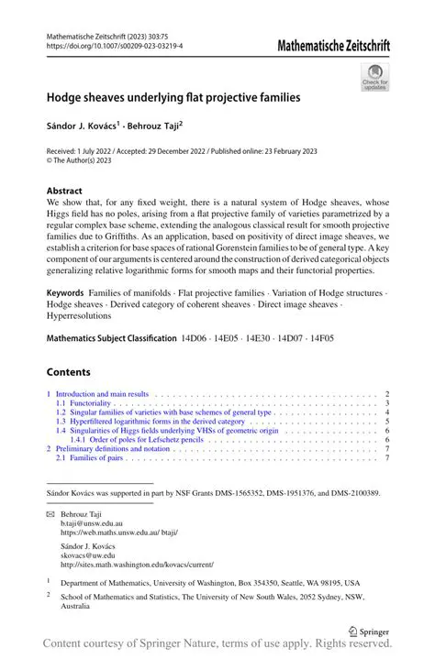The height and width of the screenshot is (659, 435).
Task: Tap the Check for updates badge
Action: (374, 77)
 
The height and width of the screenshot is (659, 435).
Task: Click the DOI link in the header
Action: (114, 44)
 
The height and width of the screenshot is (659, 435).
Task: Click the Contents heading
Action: (68, 372)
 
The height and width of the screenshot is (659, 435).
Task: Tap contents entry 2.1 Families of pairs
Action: (87, 457)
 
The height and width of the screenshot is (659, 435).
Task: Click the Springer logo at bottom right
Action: (371, 632)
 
